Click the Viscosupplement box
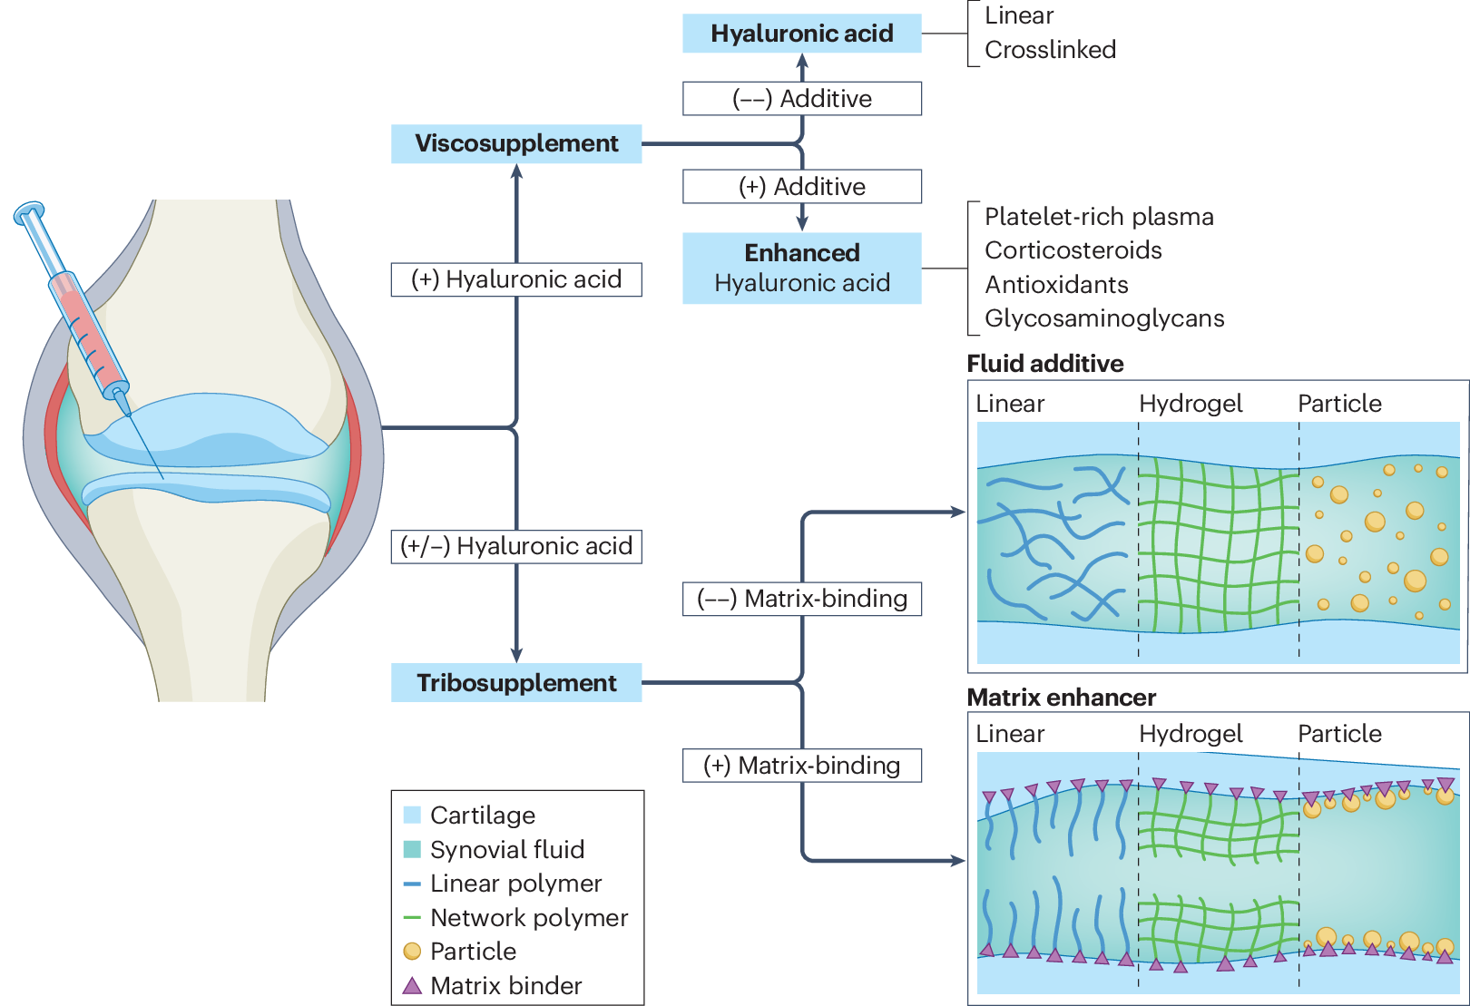coord(516,143)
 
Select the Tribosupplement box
coord(516,682)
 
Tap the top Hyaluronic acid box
coord(802,34)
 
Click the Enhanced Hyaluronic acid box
coord(802,269)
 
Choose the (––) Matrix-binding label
coord(802,599)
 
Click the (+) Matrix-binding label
coord(802,766)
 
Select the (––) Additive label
coord(802,99)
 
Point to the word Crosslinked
coord(1050,50)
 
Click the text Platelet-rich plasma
coord(1099,217)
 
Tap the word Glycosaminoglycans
coord(1104,318)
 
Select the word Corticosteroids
coord(1073,250)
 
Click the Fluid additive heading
coord(1044,364)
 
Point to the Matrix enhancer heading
coord(1061,697)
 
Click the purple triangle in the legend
coord(412,986)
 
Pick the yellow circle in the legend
coord(412,951)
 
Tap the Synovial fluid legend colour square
coord(412,849)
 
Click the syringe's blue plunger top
coord(29,212)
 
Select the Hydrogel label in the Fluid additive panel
coord(1191,404)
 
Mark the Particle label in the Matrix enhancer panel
coord(1339,734)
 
